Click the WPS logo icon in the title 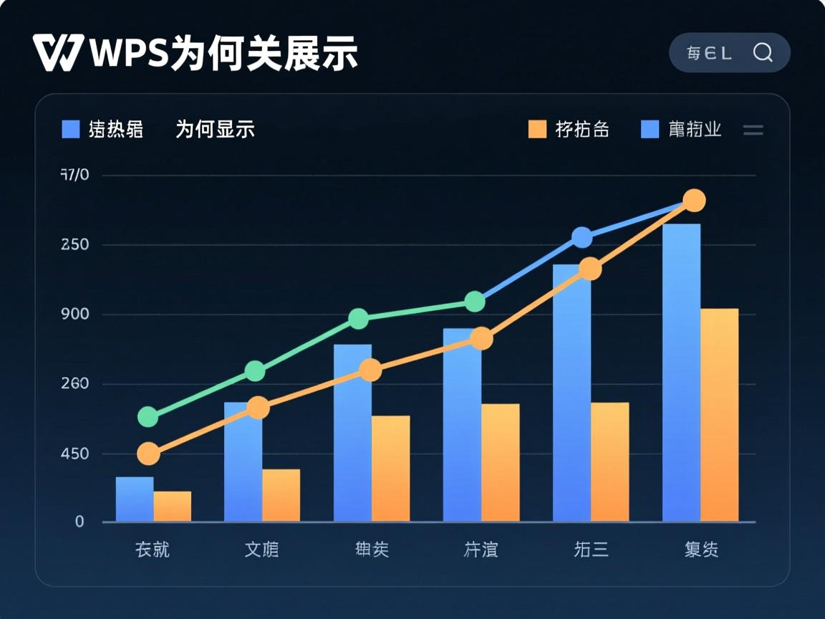58,52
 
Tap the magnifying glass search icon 763,52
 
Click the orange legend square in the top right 537,129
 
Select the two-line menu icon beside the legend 753,130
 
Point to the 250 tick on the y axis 75,244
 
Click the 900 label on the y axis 75,314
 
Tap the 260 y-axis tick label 75,383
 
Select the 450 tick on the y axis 75,454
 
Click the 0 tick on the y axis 79,522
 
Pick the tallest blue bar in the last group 681,373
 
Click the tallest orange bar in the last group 719,415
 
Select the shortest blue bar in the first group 135,499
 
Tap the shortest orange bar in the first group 173,506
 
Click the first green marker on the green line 148,416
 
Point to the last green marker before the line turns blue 475,302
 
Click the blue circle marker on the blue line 582,238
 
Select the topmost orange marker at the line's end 693,201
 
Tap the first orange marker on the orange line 148,453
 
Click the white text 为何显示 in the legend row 215,129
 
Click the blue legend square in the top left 71,129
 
